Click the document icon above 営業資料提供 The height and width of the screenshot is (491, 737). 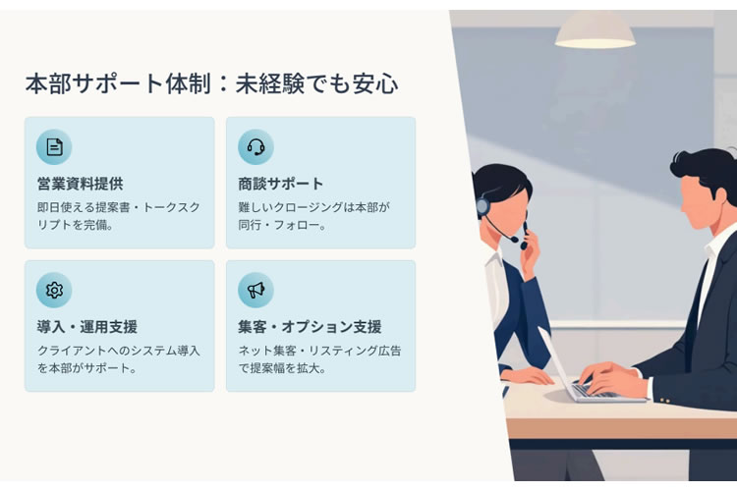pyautogui.click(x=54, y=147)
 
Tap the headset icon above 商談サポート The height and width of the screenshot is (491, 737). pyautogui.click(x=255, y=147)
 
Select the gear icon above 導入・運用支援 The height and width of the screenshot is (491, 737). pyautogui.click(x=54, y=290)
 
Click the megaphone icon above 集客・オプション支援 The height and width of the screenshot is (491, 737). pyautogui.click(x=255, y=290)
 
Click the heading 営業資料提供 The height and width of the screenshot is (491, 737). pyautogui.click(x=80, y=184)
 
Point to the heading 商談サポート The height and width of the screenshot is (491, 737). pyautogui.click(x=281, y=184)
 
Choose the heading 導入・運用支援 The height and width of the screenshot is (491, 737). pyautogui.click(x=86, y=327)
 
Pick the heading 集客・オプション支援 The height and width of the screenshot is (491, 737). pyautogui.click(x=310, y=327)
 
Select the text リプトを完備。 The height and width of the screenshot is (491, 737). pyautogui.click(x=76, y=225)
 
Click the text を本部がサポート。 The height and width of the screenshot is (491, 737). pyautogui.click(x=87, y=368)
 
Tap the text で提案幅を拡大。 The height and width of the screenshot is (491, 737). pyautogui.click(x=282, y=368)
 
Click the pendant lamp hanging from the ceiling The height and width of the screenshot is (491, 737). pyautogui.click(x=595, y=31)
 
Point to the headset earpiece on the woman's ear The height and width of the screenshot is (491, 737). pyautogui.click(x=482, y=207)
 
